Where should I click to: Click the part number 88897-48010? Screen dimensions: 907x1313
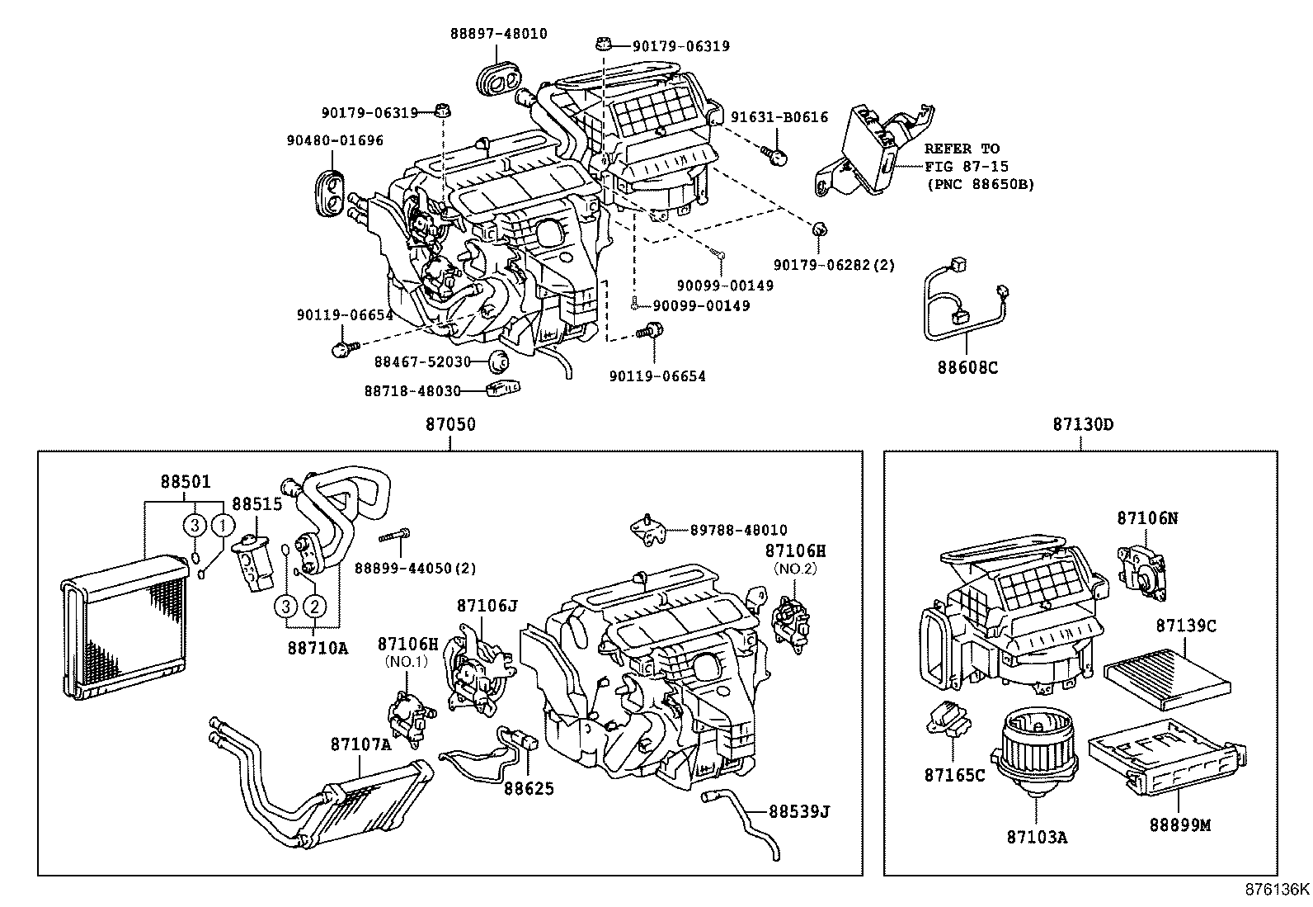coord(498,34)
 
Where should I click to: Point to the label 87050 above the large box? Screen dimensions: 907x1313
coord(450,424)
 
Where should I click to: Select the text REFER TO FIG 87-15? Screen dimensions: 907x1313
coord(962,158)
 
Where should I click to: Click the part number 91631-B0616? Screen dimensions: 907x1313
coord(779,117)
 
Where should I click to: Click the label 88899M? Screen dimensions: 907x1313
coord(1180,824)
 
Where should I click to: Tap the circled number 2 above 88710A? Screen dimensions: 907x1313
coord(314,607)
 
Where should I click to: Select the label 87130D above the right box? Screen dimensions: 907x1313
coord(1082,424)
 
